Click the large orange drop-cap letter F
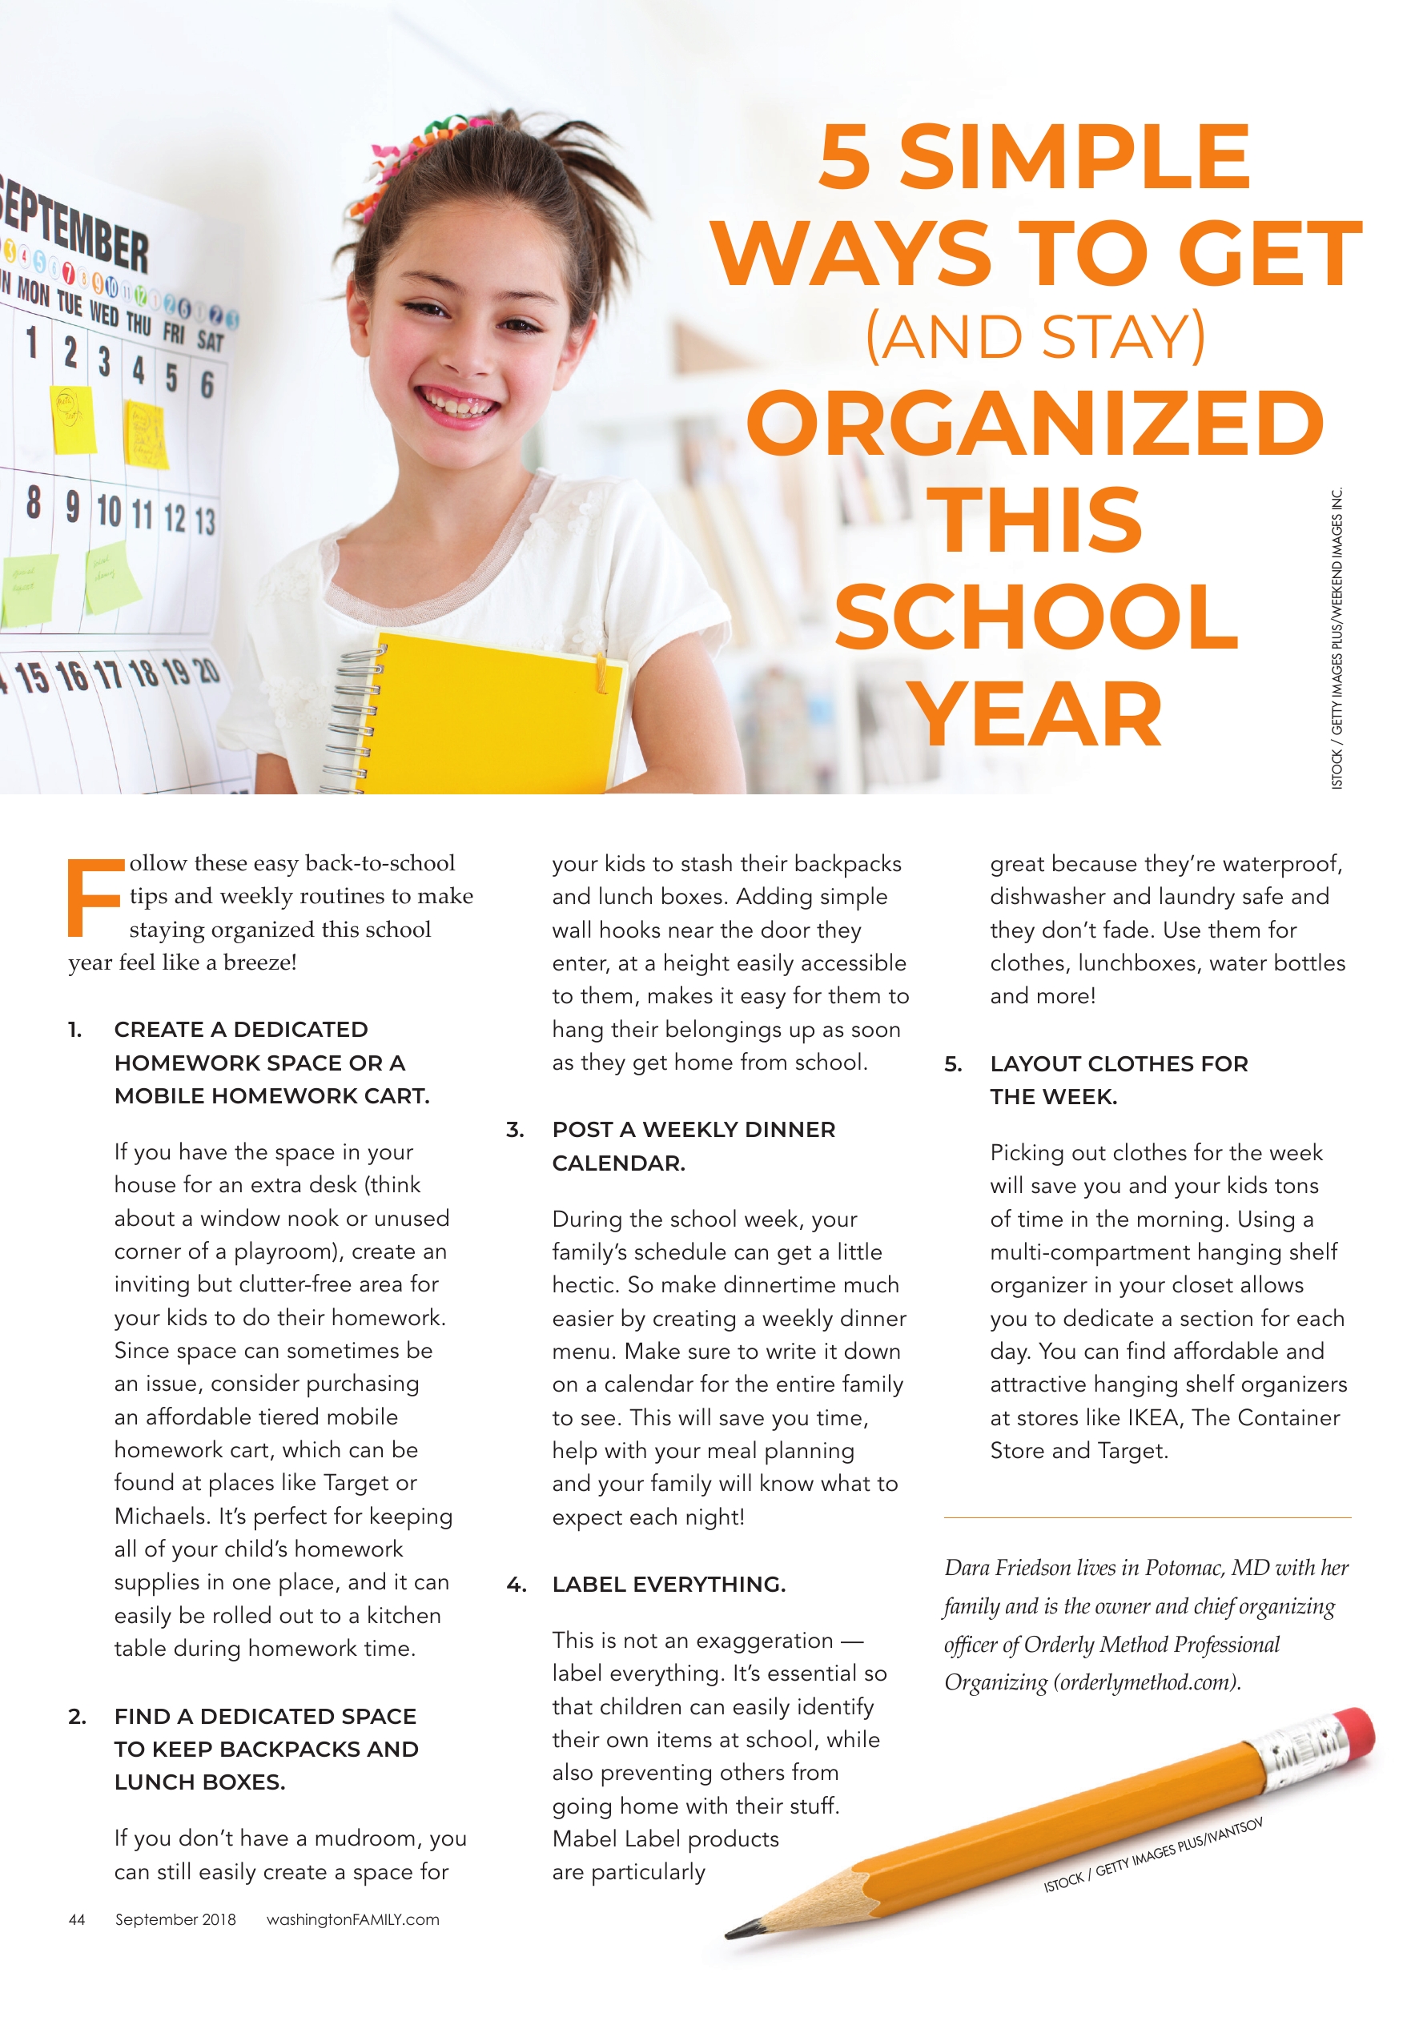point(94,897)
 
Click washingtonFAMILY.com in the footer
point(352,1919)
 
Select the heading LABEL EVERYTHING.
point(669,1585)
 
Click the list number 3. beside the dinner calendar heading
point(515,1131)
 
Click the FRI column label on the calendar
point(174,333)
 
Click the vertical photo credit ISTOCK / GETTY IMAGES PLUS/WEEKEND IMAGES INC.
point(1337,639)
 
